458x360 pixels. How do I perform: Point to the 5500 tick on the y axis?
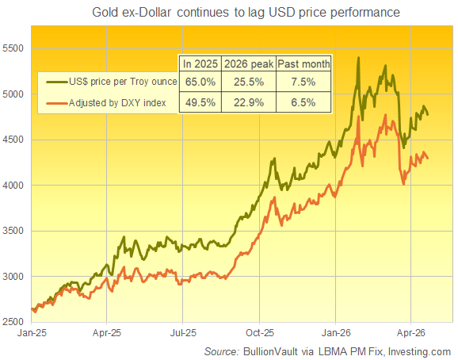[15, 48]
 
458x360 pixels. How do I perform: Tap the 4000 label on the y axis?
[15, 186]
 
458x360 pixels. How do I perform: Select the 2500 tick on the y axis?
[15, 322]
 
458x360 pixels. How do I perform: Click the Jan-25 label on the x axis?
[32, 334]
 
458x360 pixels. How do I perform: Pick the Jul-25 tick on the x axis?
[183, 334]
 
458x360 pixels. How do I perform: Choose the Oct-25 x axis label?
[259, 334]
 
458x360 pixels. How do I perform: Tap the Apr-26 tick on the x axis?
[410, 334]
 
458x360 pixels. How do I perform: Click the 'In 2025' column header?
[198, 63]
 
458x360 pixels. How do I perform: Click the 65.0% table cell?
[198, 82]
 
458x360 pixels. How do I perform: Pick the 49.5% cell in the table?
[198, 102]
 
